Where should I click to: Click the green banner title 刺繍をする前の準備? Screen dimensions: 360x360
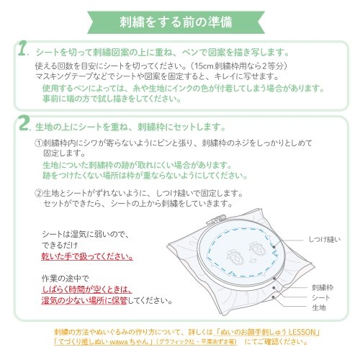[176, 22]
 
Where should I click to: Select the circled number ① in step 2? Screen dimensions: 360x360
[39, 143]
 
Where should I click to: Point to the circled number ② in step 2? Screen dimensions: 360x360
[39, 193]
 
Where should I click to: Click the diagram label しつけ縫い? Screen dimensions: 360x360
[325, 239]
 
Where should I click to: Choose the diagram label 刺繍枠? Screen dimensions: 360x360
[323, 287]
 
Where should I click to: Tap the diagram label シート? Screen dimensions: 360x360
[320, 297]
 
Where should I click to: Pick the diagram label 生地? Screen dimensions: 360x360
[319, 307]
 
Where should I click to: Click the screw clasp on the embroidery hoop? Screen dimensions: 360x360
[216, 220]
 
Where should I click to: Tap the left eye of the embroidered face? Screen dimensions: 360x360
[233, 256]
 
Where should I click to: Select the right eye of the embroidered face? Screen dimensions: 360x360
[257, 248]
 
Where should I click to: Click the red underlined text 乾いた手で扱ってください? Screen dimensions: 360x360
[87, 256]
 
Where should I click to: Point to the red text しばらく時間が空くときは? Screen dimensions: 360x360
[86, 289]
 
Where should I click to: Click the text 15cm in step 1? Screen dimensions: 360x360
[204, 66]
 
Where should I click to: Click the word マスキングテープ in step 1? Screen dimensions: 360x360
[64, 76]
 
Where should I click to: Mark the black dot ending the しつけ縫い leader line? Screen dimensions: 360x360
[274, 246]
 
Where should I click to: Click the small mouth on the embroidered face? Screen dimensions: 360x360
[251, 261]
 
